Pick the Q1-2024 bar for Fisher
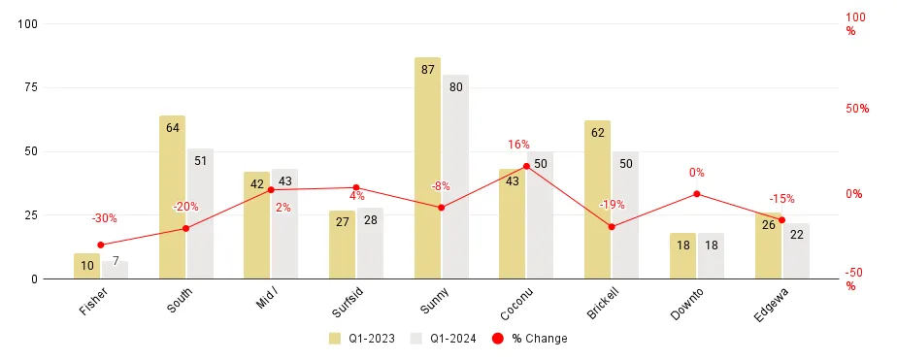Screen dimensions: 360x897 pyautogui.click(x=116, y=270)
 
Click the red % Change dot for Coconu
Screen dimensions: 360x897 pyautogui.click(x=526, y=166)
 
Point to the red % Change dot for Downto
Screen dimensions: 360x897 pyautogui.click(x=697, y=194)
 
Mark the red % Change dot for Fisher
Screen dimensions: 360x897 pyautogui.click(x=101, y=245)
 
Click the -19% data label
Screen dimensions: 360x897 pyautogui.click(x=612, y=205)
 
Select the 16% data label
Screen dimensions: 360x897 pyautogui.click(x=518, y=145)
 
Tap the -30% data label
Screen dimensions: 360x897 pyautogui.click(x=104, y=218)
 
